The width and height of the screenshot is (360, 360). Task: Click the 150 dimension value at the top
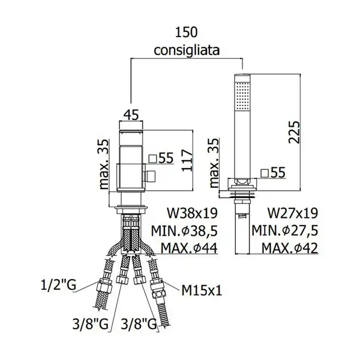click(x=186, y=32)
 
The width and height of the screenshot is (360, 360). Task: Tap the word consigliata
click(x=187, y=50)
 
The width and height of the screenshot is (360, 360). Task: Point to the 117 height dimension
click(x=187, y=160)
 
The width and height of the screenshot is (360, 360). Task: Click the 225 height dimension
click(x=294, y=132)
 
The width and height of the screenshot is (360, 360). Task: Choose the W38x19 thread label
click(x=192, y=213)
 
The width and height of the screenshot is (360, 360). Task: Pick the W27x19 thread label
click(x=293, y=213)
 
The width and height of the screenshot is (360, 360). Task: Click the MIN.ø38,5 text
click(x=184, y=231)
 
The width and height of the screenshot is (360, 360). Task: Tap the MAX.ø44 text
click(x=189, y=248)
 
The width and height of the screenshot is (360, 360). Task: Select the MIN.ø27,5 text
click(x=285, y=231)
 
